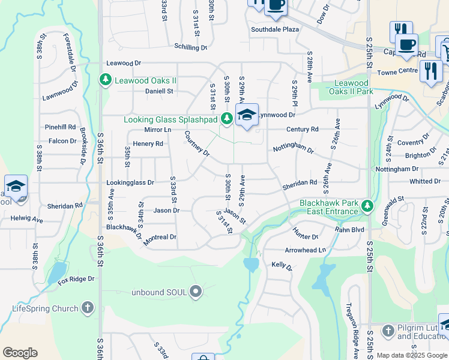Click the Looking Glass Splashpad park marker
click(226, 119)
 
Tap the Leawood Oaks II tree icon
click(106, 80)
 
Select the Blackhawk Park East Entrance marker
click(367, 208)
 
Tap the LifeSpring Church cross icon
click(88, 308)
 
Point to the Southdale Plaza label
click(275, 29)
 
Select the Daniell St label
click(159, 91)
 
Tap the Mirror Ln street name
click(158, 130)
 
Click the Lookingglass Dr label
click(130, 182)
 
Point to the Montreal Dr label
click(160, 237)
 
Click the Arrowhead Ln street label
click(306, 250)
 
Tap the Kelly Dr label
click(281, 265)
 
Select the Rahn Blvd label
click(350, 229)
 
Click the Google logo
click(20, 353)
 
